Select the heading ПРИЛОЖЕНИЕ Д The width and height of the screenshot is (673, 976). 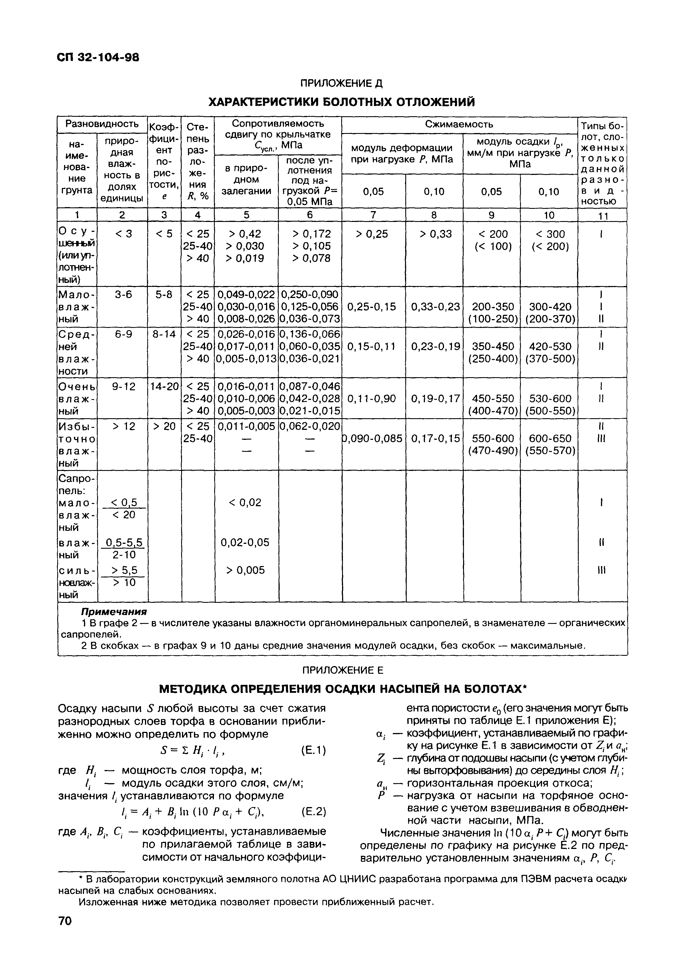click(341, 83)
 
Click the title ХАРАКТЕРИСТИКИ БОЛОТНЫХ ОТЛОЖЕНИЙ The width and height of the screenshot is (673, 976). click(342, 102)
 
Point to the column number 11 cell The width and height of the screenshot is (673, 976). click(603, 216)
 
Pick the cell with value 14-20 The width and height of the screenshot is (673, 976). click(164, 386)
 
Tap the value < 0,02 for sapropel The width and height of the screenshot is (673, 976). click(245, 502)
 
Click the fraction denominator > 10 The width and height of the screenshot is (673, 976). click(124, 583)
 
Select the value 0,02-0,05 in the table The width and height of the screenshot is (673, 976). click(245, 542)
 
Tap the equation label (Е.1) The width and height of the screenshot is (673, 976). click(314, 750)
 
